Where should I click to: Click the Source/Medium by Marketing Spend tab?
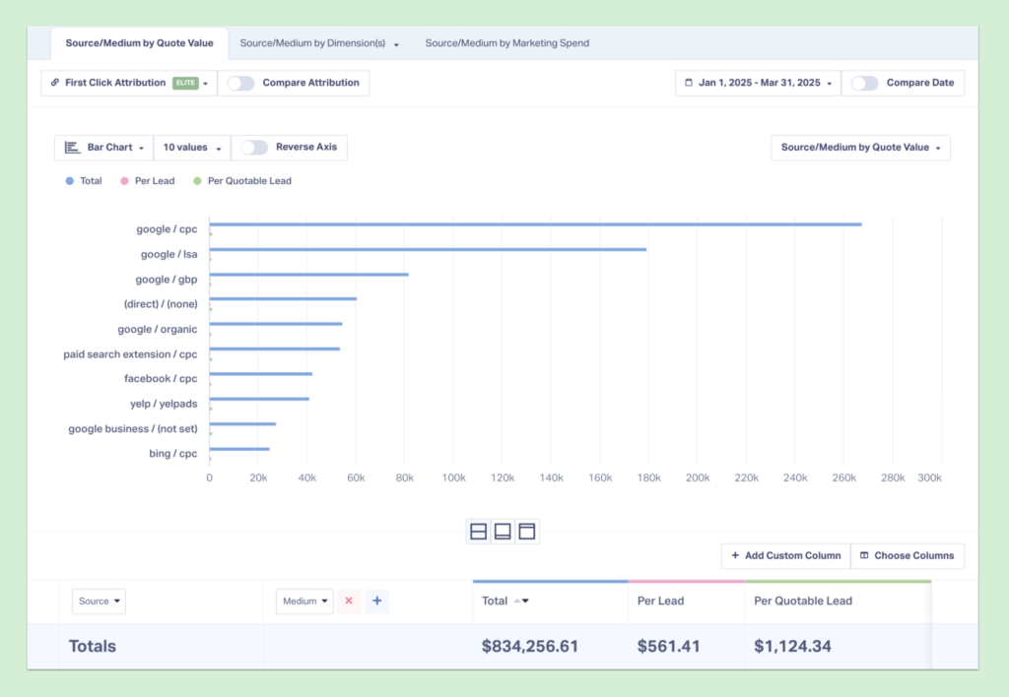[x=506, y=43]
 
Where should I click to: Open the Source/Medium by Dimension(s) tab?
[x=319, y=43]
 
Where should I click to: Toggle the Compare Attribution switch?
[x=241, y=83]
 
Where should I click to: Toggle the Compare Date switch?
[x=864, y=83]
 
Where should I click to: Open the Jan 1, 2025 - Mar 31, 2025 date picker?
[x=759, y=83]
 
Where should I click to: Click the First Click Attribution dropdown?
[x=128, y=83]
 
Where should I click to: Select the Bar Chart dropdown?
[x=103, y=148]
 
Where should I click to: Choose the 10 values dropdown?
[x=191, y=148]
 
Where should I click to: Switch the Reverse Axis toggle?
[x=254, y=148]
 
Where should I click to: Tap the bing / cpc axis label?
[x=172, y=454]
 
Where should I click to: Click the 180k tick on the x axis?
[x=648, y=477]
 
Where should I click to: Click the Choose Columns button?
[x=907, y=555]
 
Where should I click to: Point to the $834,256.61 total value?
[x=530, y=647]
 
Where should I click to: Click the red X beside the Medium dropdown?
[x=349, y=601]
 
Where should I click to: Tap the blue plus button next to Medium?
[x=376, y=601]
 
